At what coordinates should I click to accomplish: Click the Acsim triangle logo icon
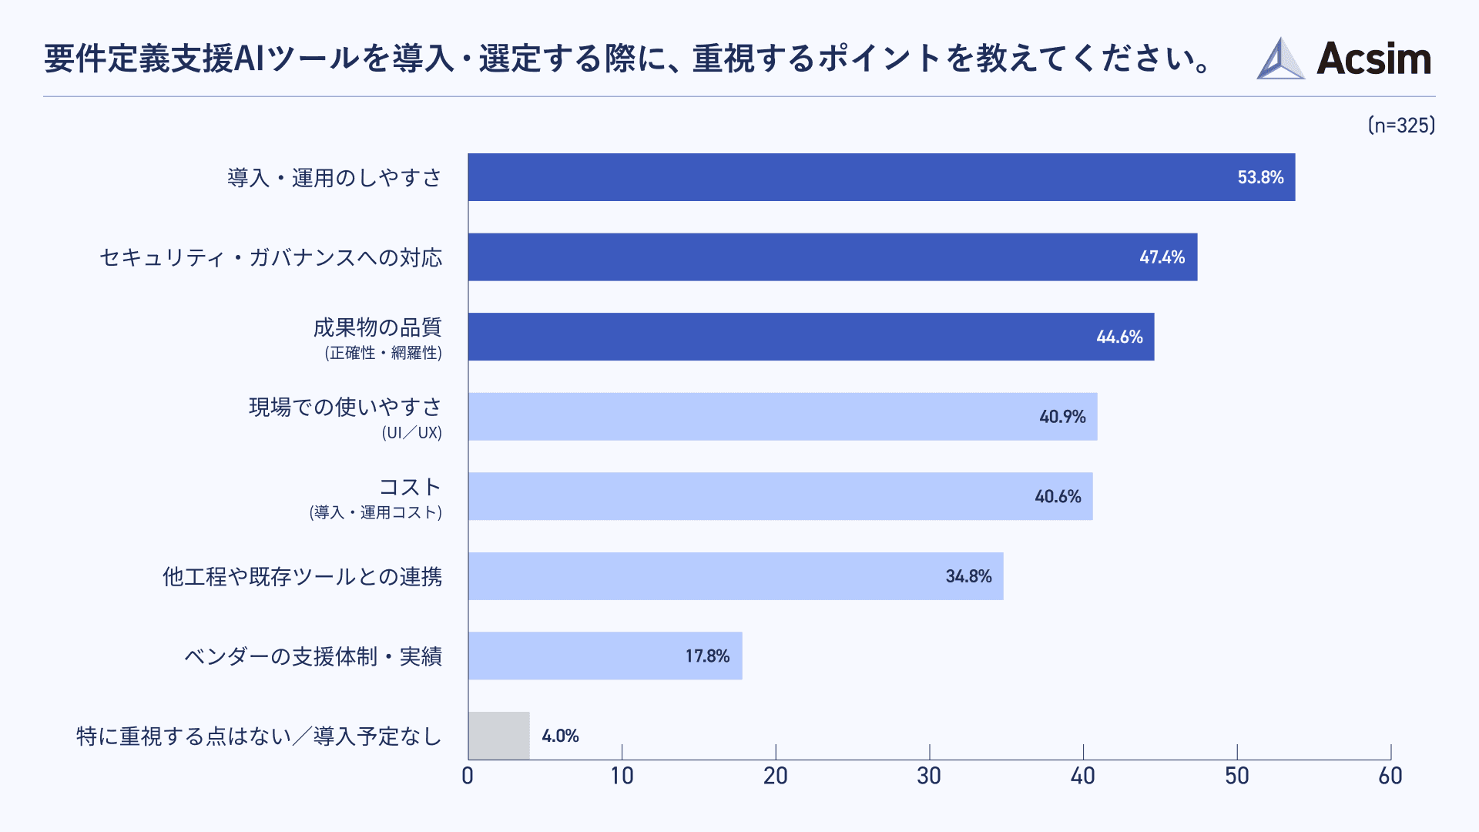click(1280, 59)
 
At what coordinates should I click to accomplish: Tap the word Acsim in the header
click(1373, 59)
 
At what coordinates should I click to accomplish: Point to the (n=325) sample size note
click(1401, 126)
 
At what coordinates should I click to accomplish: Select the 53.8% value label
click(1260, 177)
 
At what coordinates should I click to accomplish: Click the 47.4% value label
click(1162, 257)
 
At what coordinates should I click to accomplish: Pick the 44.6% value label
click(1119, 337)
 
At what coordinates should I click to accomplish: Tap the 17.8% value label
click(707, 656)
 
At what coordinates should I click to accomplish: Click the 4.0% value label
click(560, 736)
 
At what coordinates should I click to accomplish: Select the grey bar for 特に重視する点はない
click(499, 736)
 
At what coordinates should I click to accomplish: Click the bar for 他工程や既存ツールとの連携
click(736, 576)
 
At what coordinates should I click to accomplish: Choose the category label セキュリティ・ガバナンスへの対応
click(271, 257)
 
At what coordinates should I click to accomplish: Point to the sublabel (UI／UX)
click(412, 433)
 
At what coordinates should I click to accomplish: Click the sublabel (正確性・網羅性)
click(384, 353)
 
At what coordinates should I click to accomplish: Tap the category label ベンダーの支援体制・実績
click(313, 656)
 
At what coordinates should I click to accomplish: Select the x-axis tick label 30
click(929, 776)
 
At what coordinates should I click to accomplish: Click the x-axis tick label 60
click(1390, 776)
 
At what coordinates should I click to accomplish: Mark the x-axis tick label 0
click(468, 776)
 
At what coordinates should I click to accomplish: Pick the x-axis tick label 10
click(622, 776)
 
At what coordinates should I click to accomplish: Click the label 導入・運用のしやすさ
click(334, 178)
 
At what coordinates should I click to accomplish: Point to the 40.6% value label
click(1058, 497)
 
